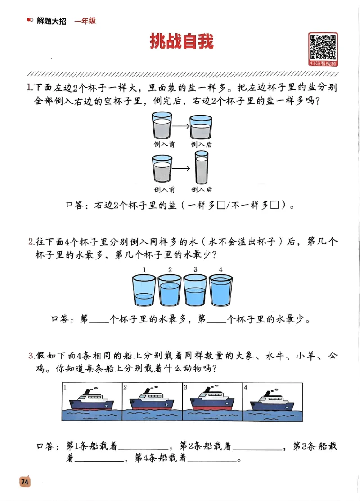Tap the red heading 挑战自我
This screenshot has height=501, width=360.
coord(181,41)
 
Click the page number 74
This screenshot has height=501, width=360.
coord(24,482)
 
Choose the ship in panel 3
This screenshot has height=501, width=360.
coord(212,399)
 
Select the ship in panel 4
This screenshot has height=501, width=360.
coord(270,399)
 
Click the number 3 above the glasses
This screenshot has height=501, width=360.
coord(195,270)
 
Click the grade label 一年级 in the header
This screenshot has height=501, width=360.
coord(85,21)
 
